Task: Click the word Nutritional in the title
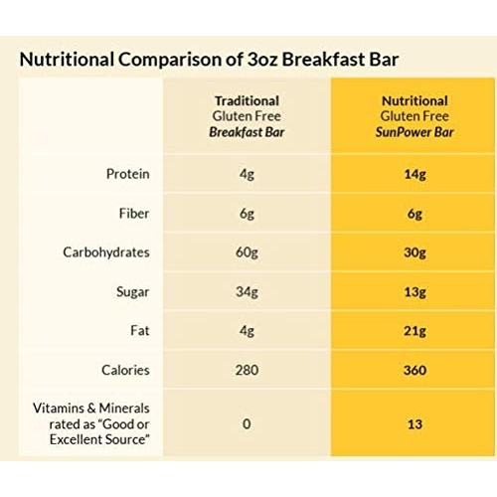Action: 67,58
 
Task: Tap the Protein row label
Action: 127,175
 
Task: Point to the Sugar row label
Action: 132,292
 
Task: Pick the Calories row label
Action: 125,370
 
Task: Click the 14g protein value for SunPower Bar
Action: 414,175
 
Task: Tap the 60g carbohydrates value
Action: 248,252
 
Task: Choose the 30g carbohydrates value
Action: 414,252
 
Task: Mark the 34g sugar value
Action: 248,292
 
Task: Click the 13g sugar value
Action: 414,292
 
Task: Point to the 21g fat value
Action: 414,331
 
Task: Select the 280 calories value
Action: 248,370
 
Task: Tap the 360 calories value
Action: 414,370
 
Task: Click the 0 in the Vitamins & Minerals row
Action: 248,424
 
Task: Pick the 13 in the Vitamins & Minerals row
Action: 414,424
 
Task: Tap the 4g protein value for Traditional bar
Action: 248,175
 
